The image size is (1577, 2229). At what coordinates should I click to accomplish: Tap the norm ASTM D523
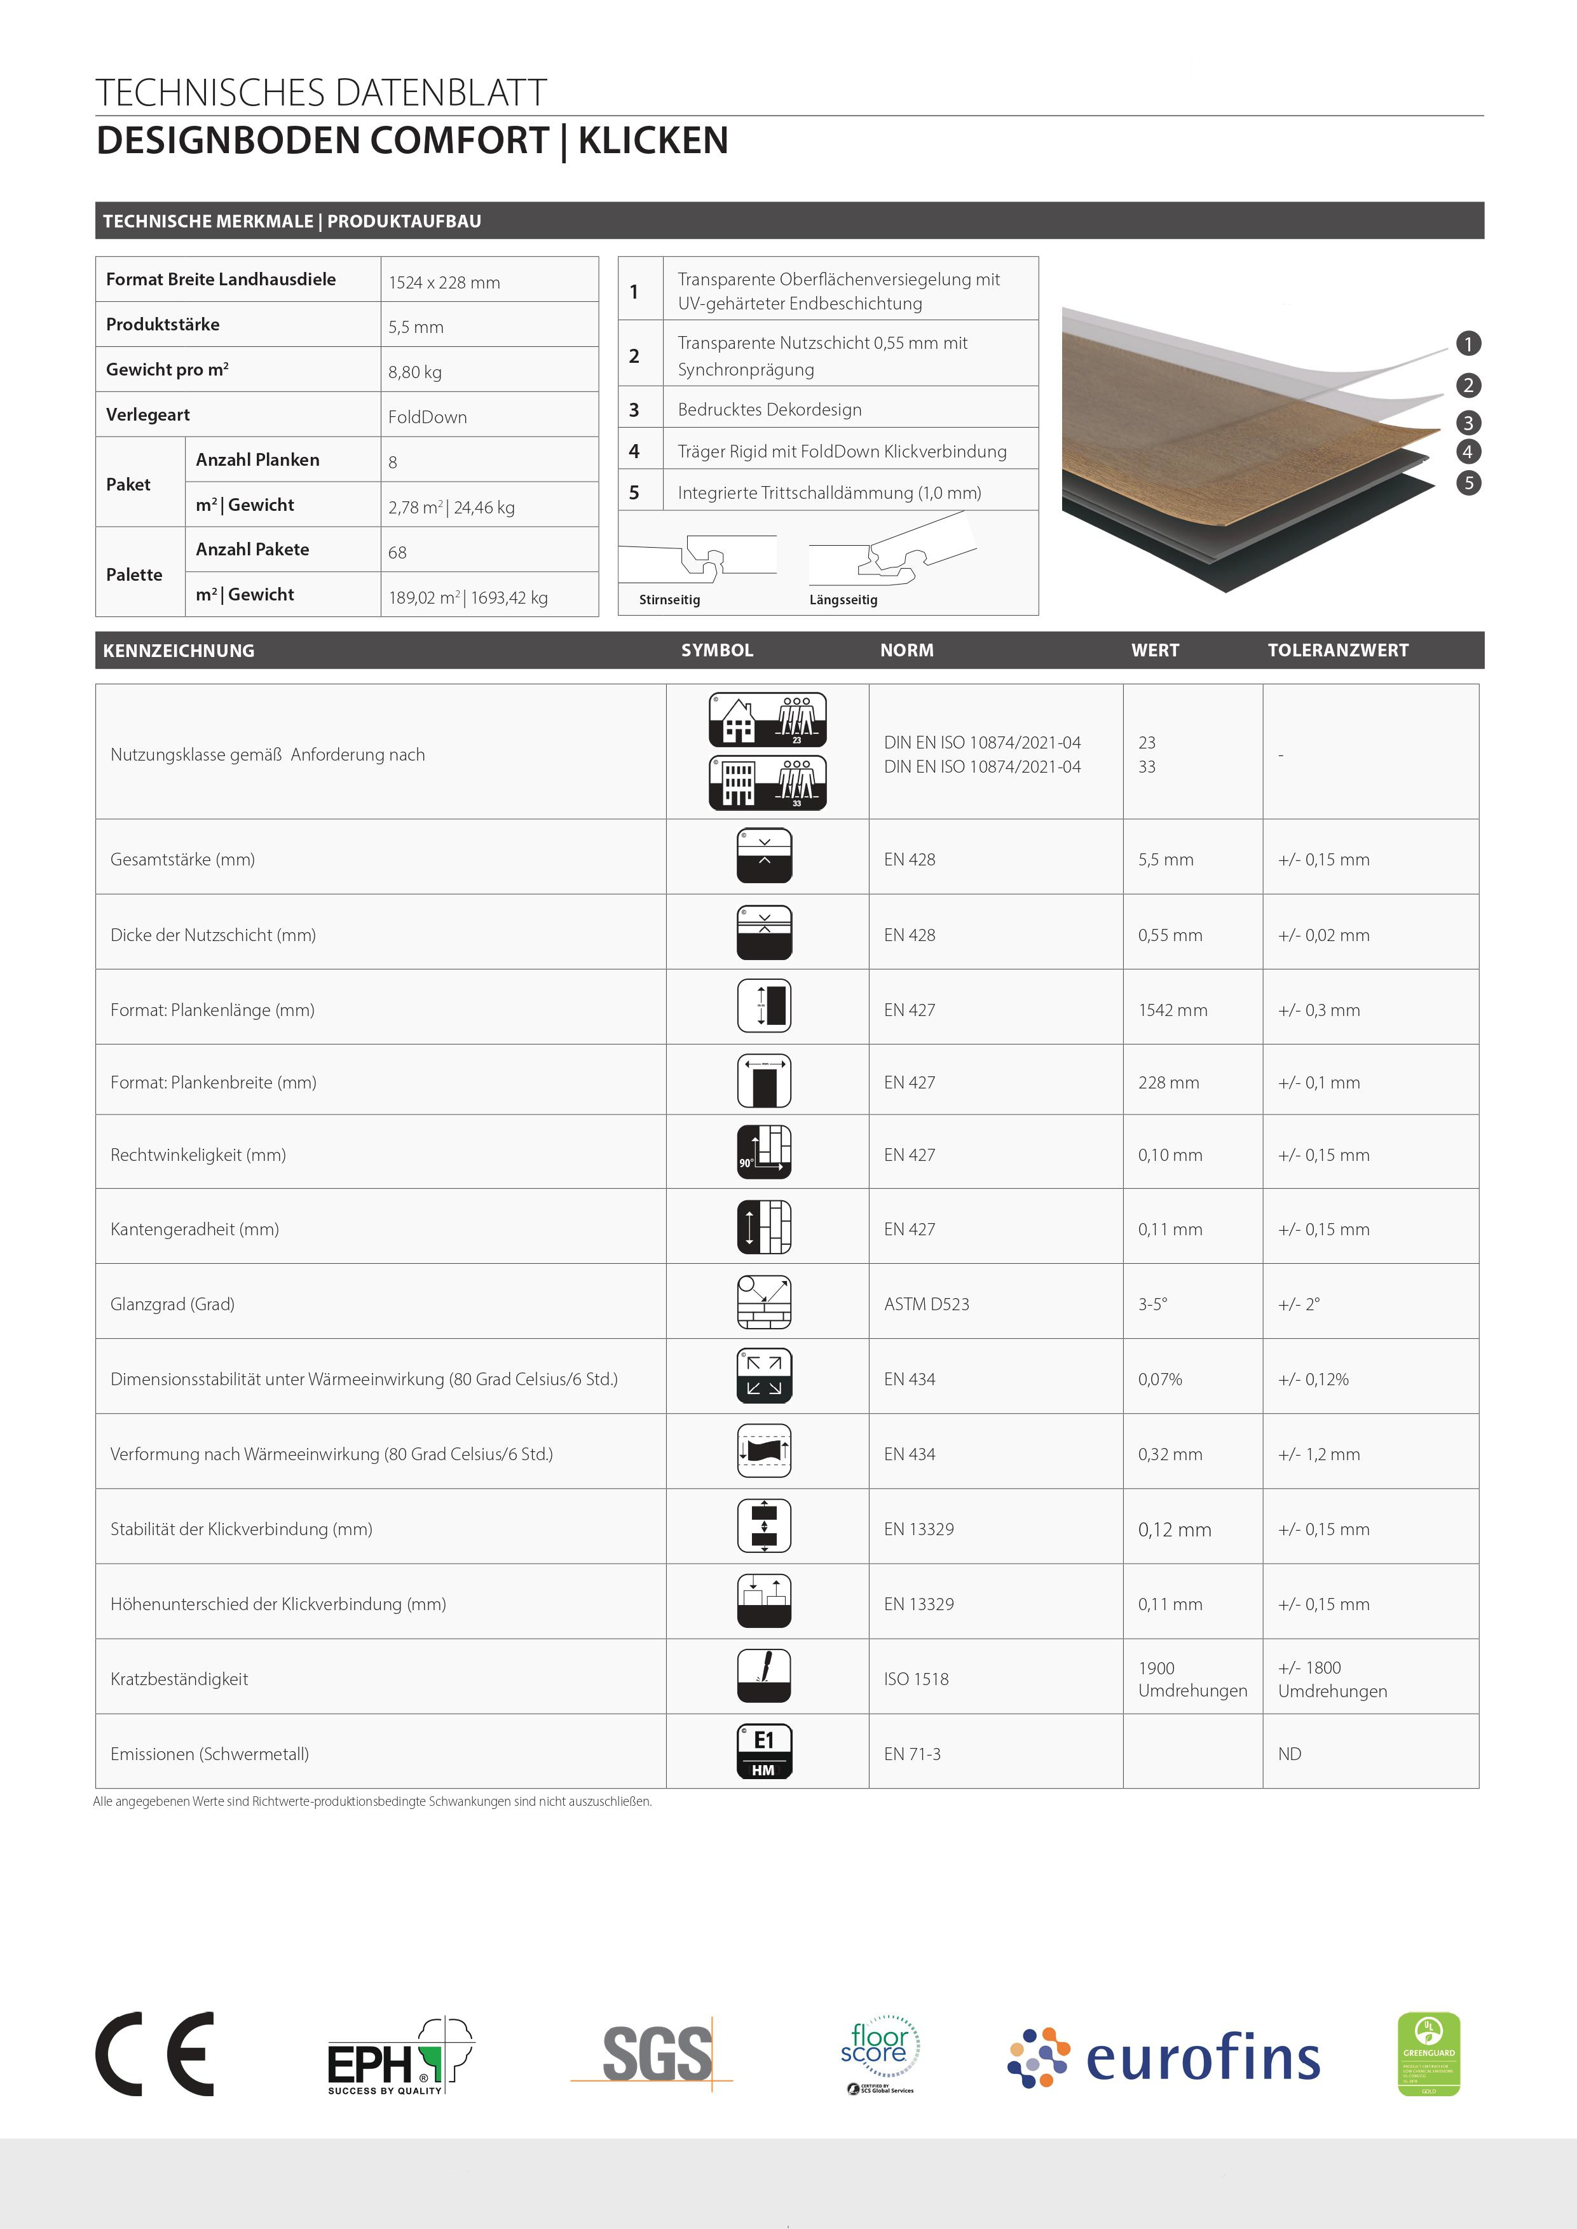pos(926,1304)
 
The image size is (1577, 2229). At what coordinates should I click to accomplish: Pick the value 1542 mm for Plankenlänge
pos(1173,1010)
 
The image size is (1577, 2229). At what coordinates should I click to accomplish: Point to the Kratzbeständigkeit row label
pos(180,1679)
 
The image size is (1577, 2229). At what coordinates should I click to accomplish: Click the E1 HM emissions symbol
pos(764,1751)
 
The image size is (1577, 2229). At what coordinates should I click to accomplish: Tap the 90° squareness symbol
pos(764,1153)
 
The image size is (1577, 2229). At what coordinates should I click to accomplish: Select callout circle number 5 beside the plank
pos(1468,482)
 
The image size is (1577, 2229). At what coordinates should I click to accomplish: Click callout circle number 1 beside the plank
pos(1468,344)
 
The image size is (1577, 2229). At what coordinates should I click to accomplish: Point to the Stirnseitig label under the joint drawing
pos(669,600)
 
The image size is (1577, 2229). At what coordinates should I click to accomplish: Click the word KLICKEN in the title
pos(653,141)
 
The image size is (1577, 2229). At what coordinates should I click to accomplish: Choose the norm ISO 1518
pos(916,1679)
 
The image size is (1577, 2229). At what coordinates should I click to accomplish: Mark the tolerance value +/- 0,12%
pos(1313,1379)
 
